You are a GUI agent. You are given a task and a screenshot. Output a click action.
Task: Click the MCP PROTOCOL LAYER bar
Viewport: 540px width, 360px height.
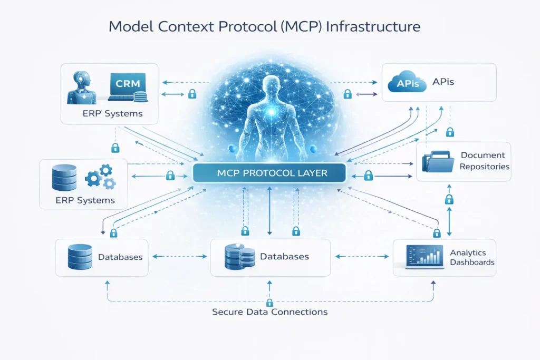point(269,173)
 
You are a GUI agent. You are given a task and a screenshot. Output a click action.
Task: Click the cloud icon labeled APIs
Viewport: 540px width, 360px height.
point(407,83)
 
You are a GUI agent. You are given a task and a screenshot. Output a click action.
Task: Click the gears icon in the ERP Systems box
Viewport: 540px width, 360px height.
point(101,177)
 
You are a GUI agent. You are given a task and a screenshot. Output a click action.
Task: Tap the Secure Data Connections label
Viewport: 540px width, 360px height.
point(269,312)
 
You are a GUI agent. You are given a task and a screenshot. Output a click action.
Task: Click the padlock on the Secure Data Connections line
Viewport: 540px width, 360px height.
point(269,302)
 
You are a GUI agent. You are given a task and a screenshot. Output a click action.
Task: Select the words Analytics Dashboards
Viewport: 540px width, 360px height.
point(472,258)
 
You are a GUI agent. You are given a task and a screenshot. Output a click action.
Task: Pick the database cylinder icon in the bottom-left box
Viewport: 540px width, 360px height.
point(80,257)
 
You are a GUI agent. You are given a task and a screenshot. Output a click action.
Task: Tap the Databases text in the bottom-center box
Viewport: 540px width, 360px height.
point(284,257)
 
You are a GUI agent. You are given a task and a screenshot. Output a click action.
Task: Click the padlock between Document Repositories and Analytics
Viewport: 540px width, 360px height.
point(449,199)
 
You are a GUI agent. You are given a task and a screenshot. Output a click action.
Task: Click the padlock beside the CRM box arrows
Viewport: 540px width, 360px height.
point(192,94)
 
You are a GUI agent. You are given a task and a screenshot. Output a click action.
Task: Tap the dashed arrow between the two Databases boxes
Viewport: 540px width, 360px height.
point(179,257)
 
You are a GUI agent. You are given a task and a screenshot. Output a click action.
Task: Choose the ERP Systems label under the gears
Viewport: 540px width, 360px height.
point(85,200)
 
